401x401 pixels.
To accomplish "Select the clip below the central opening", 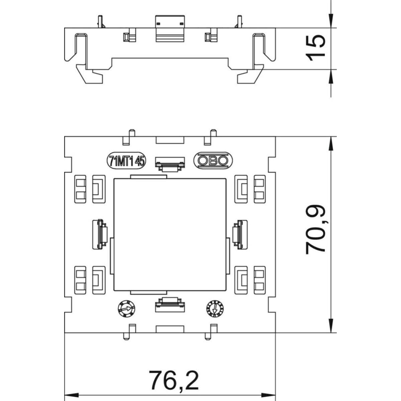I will [170, 304].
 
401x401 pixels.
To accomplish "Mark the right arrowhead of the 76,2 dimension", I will [271, 394].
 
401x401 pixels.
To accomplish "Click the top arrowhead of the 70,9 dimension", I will [331, 142].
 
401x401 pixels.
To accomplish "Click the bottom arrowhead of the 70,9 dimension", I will [331, 327].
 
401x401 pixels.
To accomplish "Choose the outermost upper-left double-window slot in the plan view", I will [80, 189].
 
